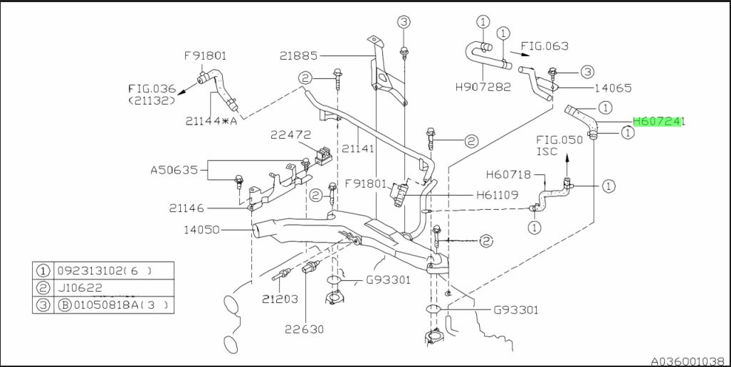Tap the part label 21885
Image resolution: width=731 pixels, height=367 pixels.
(x=298, y=56)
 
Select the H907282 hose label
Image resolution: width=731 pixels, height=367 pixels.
(x=483, y=87)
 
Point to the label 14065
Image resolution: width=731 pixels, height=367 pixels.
(x=613, y=87)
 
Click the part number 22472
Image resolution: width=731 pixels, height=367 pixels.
(x=291, y=135)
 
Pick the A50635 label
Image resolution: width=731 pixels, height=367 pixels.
(x=175, y=170)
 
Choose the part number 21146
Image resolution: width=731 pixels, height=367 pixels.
(x=186, y=208)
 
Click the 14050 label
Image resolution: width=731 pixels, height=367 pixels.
(x=201, y=229)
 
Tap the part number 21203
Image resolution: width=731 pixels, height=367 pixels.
(x=280, y=299)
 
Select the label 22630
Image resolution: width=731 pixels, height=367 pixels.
(x=305, y=329)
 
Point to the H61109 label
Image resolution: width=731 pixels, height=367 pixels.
(x=497, y=195)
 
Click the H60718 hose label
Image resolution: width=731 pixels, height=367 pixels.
(x=509, y=175)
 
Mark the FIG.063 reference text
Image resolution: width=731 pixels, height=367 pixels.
(x=545, y=46)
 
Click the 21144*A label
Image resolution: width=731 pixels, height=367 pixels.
(x=211, y=121)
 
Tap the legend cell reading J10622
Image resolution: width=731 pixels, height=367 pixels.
(x=80, y=288)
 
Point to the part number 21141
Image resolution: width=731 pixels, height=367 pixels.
(x=358, y=149)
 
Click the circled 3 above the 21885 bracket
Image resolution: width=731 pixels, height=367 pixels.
(x=404, y=21)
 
